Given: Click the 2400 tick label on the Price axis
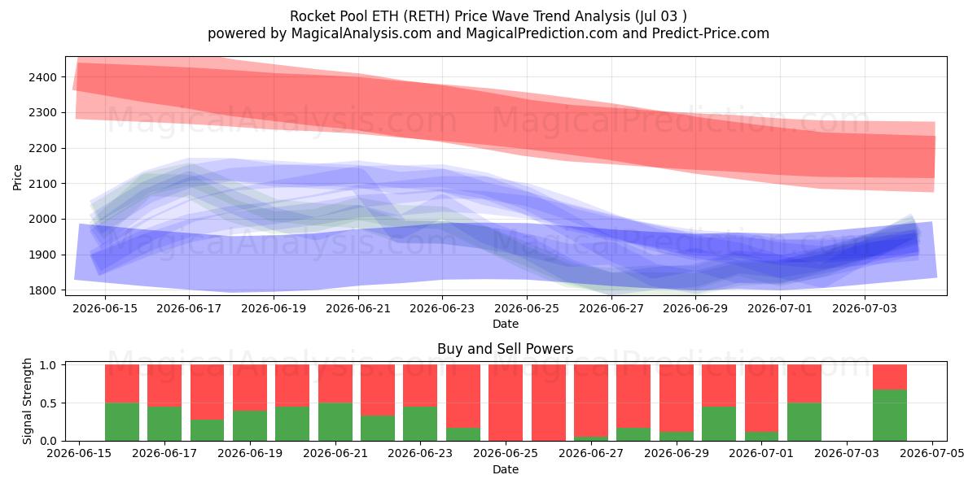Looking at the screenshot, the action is (x=42, y=77).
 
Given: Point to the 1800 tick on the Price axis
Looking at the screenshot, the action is (x=42, y=290).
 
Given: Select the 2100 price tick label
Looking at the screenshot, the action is (x=42, y=184).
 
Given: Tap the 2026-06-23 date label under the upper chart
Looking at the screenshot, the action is (x=442, y=308).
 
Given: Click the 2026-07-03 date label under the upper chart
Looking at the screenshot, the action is (x=865, y=308).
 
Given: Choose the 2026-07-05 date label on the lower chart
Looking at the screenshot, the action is (x=932, y=454).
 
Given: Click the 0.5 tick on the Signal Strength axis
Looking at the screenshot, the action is (x=48, y=403).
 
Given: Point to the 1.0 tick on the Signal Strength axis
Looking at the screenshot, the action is (x=48, y=365).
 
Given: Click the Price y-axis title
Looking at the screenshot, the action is (x=17, y=177).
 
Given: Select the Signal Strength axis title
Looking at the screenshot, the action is (x=27, y=401).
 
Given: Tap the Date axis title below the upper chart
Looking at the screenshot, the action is (x=506, y=324).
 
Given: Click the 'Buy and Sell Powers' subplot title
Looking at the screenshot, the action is (x=505, y=349).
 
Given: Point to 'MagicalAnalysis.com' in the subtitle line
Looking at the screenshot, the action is (x=361, y=33).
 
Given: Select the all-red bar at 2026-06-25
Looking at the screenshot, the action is (x=506, y=403).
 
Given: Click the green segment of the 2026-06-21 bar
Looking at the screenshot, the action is (x=335, y=422).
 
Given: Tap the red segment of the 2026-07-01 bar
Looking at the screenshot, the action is (x=761, y=399).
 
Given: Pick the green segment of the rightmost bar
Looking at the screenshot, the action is (x=890, y=416).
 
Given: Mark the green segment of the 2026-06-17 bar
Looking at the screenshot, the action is (x=164, y=424).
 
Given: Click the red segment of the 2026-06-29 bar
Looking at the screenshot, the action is (x=677, y=399).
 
